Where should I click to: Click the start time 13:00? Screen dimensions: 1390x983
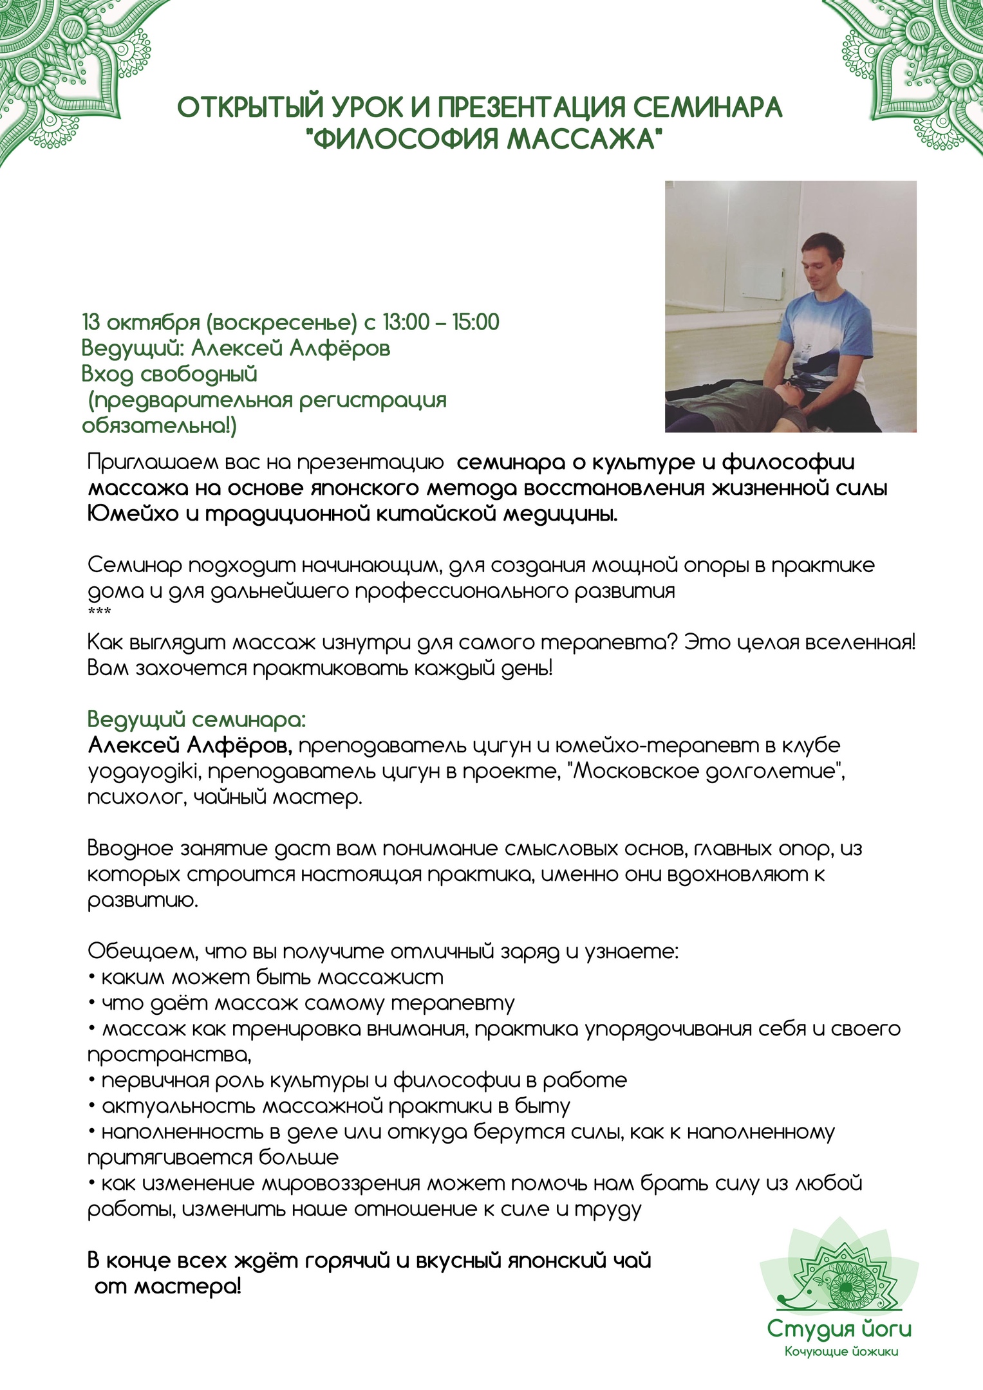[x=406, y=322]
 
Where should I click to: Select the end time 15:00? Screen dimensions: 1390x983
[x=476, y=322]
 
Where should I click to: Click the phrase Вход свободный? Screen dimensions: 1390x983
[x=169, y=374]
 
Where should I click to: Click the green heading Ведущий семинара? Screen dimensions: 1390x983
[x=196, y=719]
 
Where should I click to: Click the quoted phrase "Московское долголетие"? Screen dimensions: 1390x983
[x=708, y=771]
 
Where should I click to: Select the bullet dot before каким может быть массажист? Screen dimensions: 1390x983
[x=92, y=978]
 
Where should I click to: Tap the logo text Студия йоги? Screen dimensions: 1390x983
[x=839, y=1330]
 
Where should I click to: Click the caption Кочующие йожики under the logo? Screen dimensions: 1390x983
[x=841, y=1352]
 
